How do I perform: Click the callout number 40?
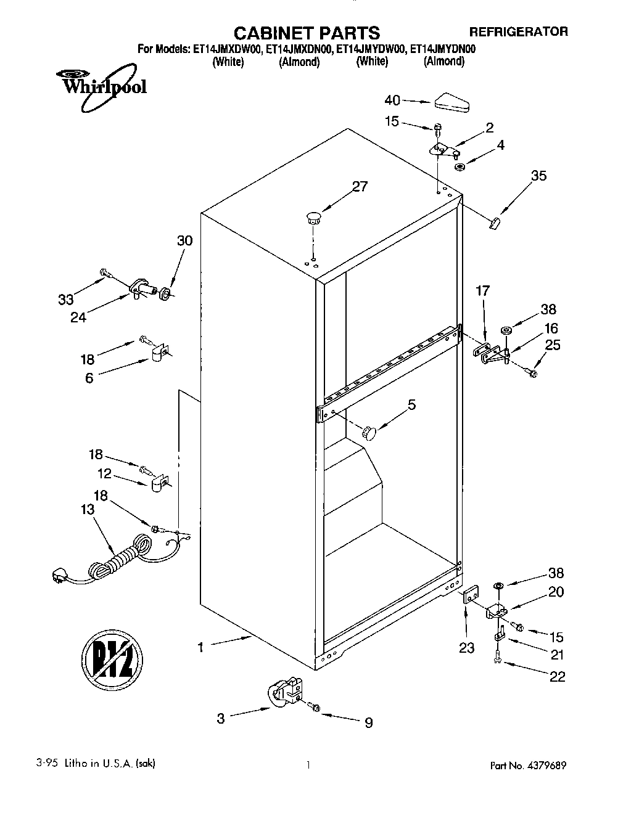pyautogui.click(x=392, y=100)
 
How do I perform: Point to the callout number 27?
pyautogui.click(x=359, y=186)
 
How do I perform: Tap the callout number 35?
pyautogui.click(x=538, y=176)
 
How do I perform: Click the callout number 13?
pyautogui.click(x=88, y=509)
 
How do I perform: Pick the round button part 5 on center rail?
pyautogui.click(x=369, y=433)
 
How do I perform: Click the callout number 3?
pyautogui.click(x=221, y=718)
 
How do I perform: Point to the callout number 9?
pyautogui.click(x=368, y=723)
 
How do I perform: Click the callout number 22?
pyautogui.click(x=556, y=676)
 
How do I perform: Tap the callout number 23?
pyautogui.click(x=466, y=647)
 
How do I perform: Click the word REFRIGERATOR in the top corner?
pyautogui.click(x=518, y=31)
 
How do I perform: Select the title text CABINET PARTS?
pyautogui.click(x=307, y=32)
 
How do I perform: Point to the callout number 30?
pyautogui.click(x=184, y=241)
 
